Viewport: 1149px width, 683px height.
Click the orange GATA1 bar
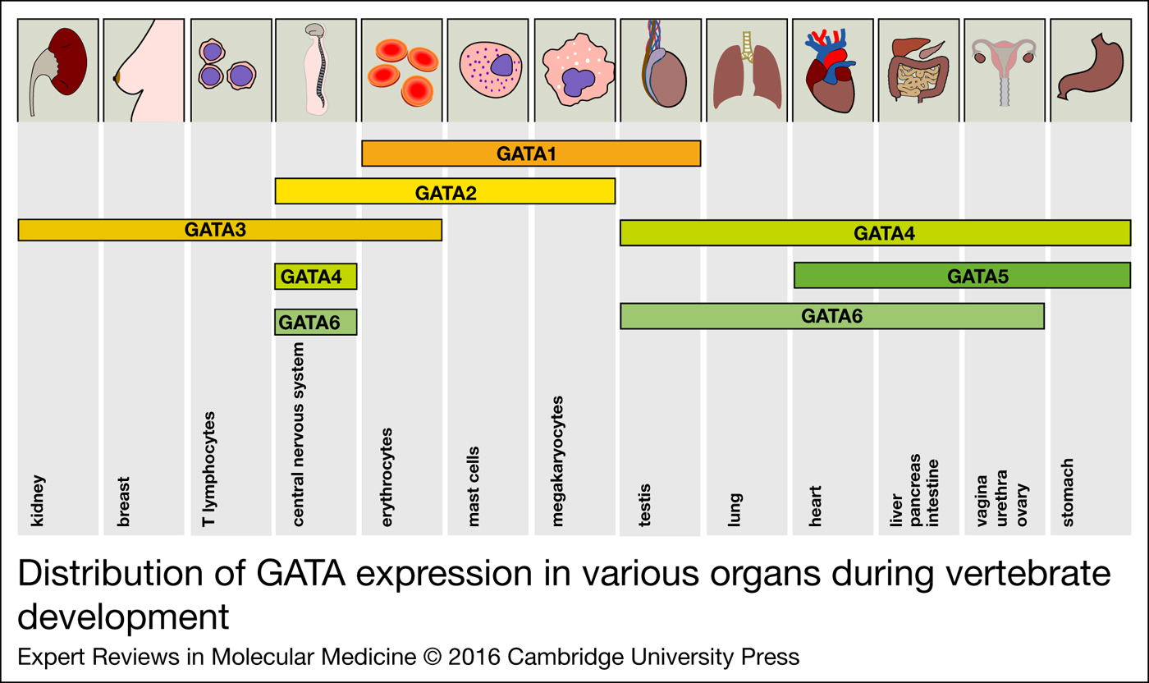[x=530, y=154]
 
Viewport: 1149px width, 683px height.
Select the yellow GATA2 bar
[x=445, y=192]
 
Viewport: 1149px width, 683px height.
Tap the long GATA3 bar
[x=230, y=230]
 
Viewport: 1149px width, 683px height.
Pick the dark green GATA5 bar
[x=962, y=276]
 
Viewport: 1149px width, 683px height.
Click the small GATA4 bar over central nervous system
[x=316, y=277]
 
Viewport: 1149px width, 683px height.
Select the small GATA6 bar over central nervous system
[x=316, y=323]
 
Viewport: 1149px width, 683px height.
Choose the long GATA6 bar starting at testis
[x=831, y=316]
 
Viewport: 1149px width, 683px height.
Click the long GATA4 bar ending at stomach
[x=875, y=233]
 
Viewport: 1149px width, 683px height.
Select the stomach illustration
[x=1089, y=70]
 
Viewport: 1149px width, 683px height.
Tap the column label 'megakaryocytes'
[x=559, y=461]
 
